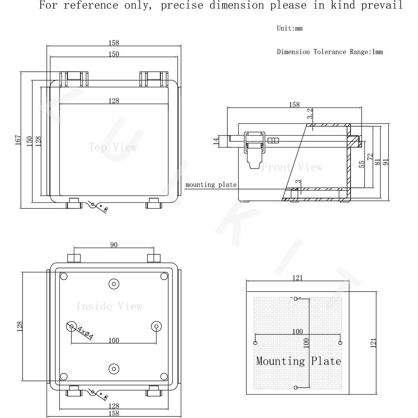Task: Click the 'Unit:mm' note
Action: [289, 28]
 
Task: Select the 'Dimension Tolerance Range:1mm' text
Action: [329, 52]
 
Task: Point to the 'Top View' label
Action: [113, 147]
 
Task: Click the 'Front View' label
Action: [292, 167]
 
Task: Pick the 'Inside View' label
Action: [109, 306]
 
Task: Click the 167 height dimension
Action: [18, 140]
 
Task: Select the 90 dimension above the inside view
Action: [114, 245]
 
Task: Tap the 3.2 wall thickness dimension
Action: [310, 113]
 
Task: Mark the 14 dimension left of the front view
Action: [216, 141]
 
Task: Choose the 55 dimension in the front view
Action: [362, 164]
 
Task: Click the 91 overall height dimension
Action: [386, 162]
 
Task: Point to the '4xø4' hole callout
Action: [85, 333]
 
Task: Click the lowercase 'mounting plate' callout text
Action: [211, 185]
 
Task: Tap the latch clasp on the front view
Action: [254, 149]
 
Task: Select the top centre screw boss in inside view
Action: [113, 284]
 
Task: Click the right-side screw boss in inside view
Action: [156, 327]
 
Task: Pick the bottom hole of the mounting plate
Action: [296, 387]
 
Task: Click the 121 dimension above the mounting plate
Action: [297, 278]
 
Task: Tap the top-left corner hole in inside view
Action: [64, 276]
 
